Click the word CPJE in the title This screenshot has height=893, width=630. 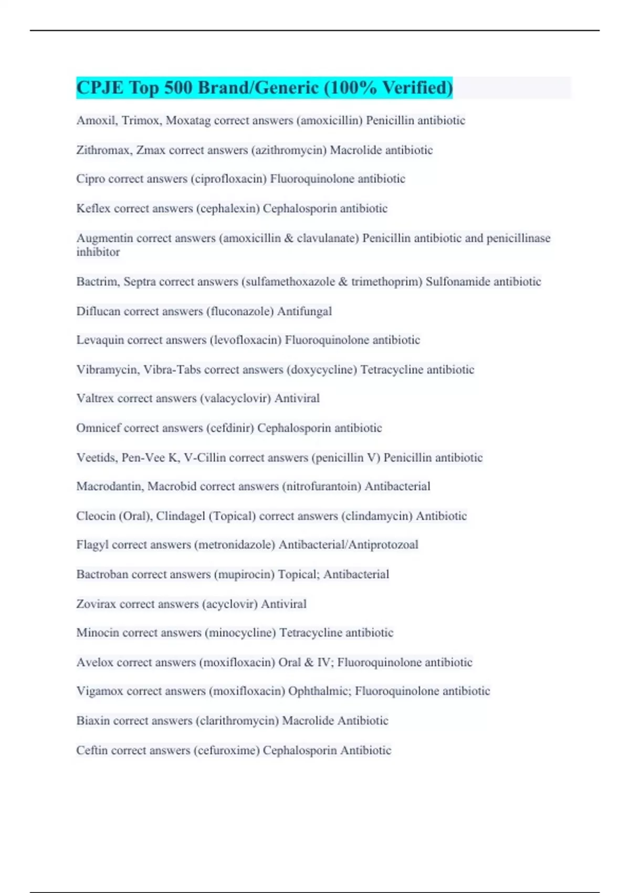tap(100, 88)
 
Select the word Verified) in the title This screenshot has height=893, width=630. tap(417, 88)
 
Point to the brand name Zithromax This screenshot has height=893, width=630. tap(103, 150)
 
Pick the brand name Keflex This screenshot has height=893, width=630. tap(93, 209)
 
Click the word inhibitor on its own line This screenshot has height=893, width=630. tap(98, 252)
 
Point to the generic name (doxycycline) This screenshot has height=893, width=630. tap(322, 370)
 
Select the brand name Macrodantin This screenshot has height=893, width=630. tap(109, 486)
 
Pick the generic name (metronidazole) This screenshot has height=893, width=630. tap(235, 545)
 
